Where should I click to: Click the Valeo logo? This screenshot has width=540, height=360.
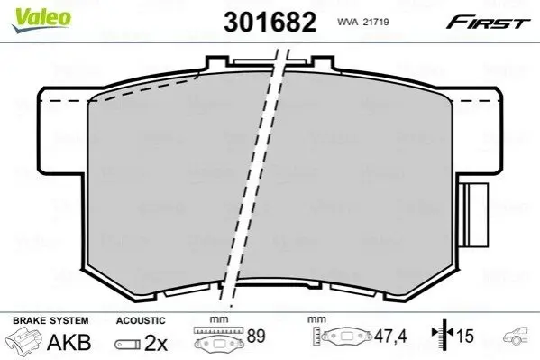click(41, 20)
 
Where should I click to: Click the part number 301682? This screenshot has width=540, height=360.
click(270, 22)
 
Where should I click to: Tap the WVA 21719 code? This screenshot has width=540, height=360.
click(363, 22)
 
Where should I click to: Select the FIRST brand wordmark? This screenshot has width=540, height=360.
click(488, 22)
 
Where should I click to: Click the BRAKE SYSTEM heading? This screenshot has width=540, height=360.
click(50, 320)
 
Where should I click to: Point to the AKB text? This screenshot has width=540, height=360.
click(69, 343)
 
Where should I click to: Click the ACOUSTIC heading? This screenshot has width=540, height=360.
click(141, 320)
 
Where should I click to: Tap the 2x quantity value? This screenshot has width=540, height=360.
click(156, 343)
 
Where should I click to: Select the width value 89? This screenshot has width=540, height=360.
click(256, 337)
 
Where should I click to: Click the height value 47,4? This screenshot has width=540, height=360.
click(390, 337)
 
